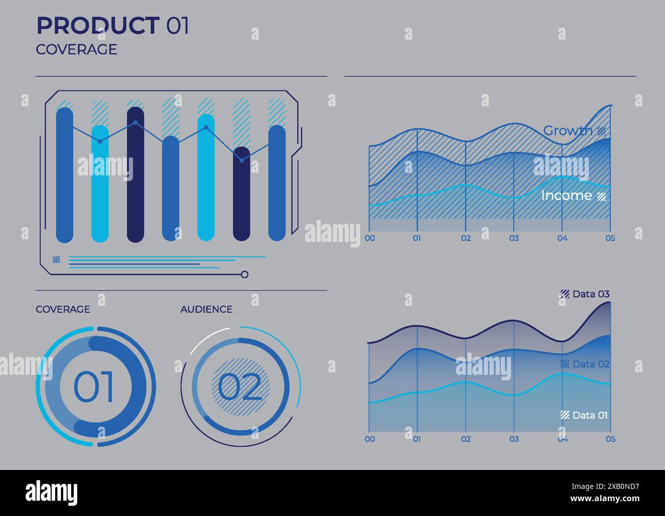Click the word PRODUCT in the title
point(97,26)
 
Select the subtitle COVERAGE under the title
point(76,50)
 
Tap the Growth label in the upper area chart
point(568,130)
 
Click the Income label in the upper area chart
point(566,195)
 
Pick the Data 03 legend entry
point(591,294)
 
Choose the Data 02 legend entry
point(591,364)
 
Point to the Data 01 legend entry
point(590,415)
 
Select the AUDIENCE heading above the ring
point(206,309)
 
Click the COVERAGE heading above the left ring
point(62,309)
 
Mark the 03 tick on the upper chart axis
point(514,238)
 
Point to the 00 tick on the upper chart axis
point(369,238)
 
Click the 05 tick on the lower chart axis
point(610,439)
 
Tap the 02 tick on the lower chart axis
point(465,439)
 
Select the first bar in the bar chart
point(64,175)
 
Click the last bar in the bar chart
point(277,183)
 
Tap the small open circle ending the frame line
point(245,275)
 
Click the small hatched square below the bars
point(56,260)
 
